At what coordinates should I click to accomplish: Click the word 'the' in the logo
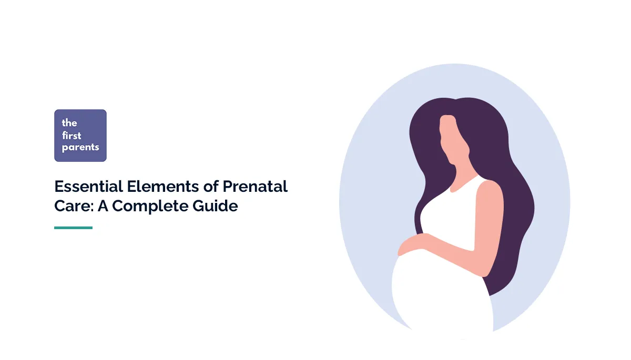click(69, 123)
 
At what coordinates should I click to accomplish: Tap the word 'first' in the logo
click(72, 136)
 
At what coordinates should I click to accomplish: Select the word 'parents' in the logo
click(80, 147)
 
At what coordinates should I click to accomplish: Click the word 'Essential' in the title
click(89, 187)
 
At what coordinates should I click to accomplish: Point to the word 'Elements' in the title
click(163, 187)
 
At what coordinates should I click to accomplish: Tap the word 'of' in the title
click(211, 187)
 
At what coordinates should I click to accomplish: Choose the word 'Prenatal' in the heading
click(255, 187)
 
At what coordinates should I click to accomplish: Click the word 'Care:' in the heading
click(74, 206)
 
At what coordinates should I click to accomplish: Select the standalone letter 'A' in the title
click(103, 206)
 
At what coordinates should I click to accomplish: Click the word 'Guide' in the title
click(215, 206)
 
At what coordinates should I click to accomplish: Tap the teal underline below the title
click(73, 228)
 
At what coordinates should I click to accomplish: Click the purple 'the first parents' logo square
click(80, 136)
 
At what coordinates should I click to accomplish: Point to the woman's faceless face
click(453, 141)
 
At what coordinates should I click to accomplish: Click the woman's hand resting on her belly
click(417, 243)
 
